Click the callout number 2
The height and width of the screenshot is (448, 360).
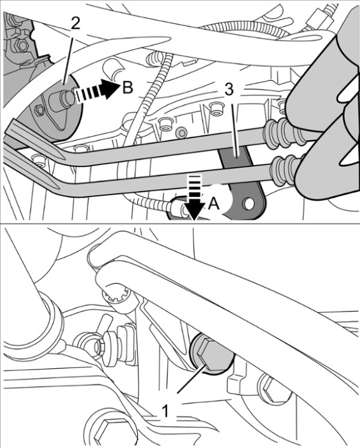click(75, 24)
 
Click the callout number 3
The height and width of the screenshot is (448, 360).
click(229, 89)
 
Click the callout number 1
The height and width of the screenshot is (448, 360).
click(165, 411)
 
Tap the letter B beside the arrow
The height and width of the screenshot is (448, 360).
click(128, 87)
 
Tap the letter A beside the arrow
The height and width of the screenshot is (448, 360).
click(214, 204)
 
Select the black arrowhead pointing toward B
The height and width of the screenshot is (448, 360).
click(111, 89)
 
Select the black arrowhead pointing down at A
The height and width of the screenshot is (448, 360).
click(193, 211)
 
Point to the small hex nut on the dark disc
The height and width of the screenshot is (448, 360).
click(39, 110)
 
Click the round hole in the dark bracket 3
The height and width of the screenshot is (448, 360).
click(248, 204)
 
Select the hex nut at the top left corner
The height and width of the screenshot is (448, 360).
click(20, 44)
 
